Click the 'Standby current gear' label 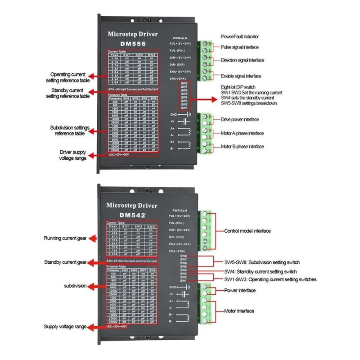click(x=65, y=262)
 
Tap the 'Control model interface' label click(x=247, y=231)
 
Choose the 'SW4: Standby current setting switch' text click(x=260, y=272)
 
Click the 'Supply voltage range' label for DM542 click(x=65, y=327)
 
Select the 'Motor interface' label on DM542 click(x=239, y=310)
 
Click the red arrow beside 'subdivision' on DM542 click(x=95, y=286)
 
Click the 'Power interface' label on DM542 click(x=240, y=290)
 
